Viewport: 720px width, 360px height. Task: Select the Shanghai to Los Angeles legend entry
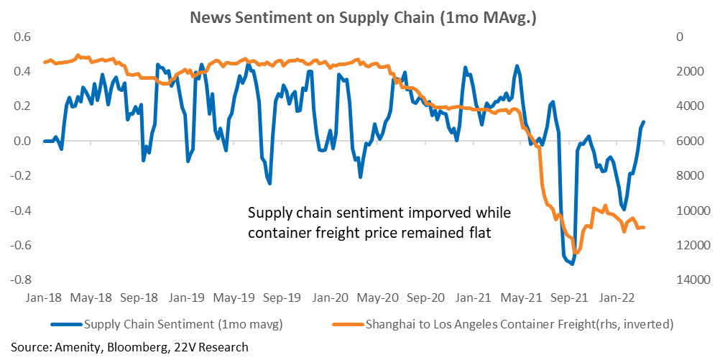(x=502, y=325)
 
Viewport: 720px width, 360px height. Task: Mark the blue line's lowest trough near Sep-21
(x=572, y=264)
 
